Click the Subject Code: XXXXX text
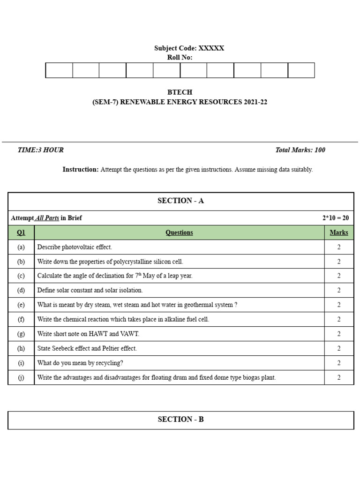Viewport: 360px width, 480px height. (189, 48)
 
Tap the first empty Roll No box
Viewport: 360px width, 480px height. (59, 70)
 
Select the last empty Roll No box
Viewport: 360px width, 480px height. (301, 70)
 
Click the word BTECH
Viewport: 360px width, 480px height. (180, 92)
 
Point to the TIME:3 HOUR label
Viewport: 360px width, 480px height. (40, 150)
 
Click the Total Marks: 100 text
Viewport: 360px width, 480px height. (300, 150)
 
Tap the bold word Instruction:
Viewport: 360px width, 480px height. (81, 170)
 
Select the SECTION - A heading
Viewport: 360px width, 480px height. (180, 201)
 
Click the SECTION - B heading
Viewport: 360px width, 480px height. (180, 420)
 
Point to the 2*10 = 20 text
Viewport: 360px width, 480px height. (335, 218)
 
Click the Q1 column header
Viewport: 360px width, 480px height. (21, 232)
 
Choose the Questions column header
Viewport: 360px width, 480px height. (179, 232)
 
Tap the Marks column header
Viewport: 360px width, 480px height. (339, 232)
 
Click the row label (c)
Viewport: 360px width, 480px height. (21, 276)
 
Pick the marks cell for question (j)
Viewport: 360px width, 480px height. (339, 377)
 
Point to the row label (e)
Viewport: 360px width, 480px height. (21, 305)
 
